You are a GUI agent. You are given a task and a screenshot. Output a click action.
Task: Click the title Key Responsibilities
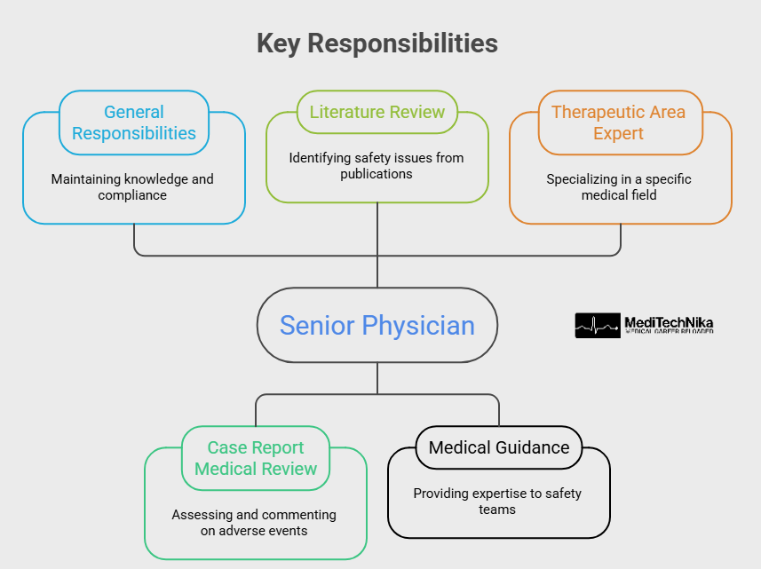pyautogui.click(x=377, y=43)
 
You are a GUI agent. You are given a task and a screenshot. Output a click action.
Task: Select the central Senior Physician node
pyautogui.click(x=377, y=325)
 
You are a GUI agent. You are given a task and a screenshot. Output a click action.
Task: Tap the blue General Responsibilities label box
pyautogui.click(x=134, y=122)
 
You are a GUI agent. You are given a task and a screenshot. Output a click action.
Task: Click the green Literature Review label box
pyautogui.click(x=377, y=112)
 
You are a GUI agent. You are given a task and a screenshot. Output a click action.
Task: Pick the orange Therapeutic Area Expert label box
pyautogui.click(x=620, y=122)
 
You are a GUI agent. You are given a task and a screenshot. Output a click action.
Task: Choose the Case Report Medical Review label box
pyautogui.click(x=256, y=458)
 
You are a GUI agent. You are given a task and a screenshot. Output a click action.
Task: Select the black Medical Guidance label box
pyautogui.click(x=499, y=447)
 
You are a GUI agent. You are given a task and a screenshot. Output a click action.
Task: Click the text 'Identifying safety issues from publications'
pyautogui.click(x=377, y=166)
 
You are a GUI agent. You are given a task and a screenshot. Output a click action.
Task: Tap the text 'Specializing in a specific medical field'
pyautogui.click(x=619, y=186)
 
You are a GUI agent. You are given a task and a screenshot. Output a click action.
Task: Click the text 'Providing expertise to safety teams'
pyautogui.click(x=498, y=502)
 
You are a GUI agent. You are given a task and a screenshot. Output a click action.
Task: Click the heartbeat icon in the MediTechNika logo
pyautogui.click(x=598, y=326)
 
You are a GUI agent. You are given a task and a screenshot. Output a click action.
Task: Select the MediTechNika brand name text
pyautogui.click(x=669, y=322)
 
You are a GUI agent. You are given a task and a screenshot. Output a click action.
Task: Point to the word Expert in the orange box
pyautogui.click(x=619, y=133)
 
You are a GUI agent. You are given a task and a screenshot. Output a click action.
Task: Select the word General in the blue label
pyautogui.click(x=134, y=112)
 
